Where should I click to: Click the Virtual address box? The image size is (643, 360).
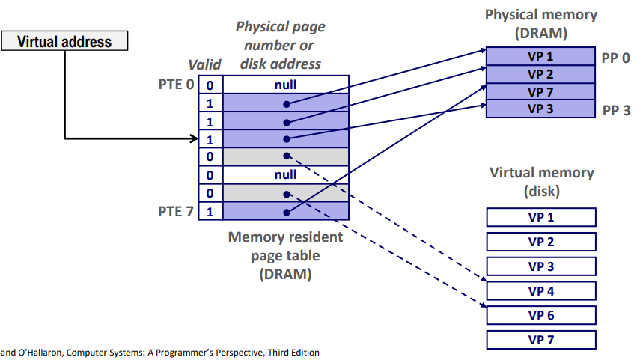click(64, 42)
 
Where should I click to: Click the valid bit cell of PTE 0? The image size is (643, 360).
click(210, 85)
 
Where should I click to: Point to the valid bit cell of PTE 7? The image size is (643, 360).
click(210, 211)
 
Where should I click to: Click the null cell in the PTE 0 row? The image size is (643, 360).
click(285, 85)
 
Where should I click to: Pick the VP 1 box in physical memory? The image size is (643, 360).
click(540, 57)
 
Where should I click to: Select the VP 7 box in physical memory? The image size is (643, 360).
click(540, 92)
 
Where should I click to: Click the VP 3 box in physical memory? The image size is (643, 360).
click(540, 109)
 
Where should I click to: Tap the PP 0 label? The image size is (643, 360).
click(616, 57)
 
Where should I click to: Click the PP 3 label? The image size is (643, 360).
click(616, 110)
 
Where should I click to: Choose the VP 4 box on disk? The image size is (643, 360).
click(540, 290)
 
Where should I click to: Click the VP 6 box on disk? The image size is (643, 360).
click(540, 315)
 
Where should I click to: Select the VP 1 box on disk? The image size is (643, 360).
click(540, 217)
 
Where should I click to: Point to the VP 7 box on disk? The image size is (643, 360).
click(540, 340)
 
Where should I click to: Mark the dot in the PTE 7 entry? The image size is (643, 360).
click(285, 212)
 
